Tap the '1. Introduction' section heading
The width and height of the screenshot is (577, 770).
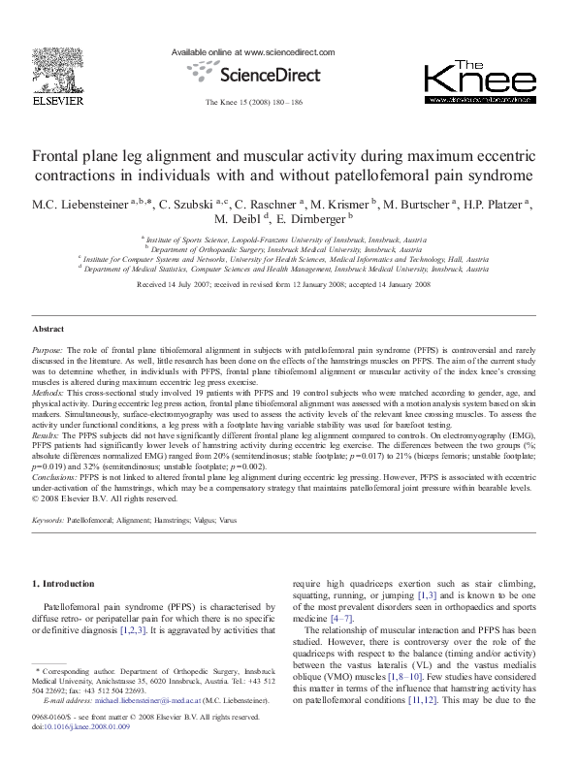click(64, 584)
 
